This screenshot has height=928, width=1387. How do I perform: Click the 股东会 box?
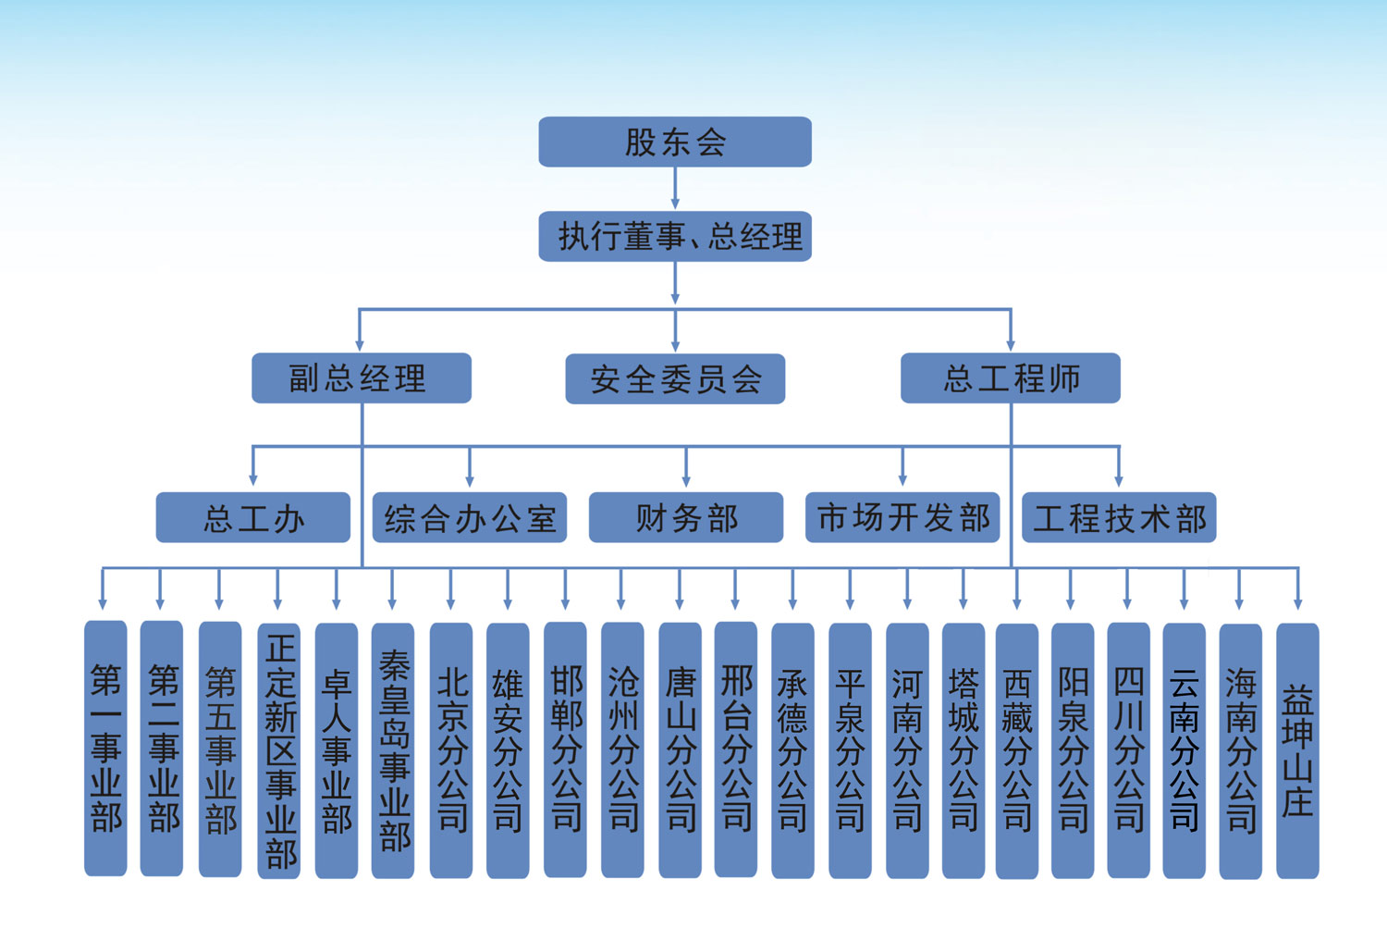coord(675,142)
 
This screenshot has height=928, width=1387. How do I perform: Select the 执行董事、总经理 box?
coord(675,237)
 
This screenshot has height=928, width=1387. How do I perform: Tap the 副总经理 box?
coord(361,377)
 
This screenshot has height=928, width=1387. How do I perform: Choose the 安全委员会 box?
coord(675,378)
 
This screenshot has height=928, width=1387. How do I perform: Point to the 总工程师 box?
coord(1010,377)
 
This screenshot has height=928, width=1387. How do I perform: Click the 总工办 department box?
coord(252,517)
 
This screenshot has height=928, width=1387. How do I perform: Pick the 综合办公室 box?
coord(469,517)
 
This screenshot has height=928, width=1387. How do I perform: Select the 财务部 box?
coord(685,517)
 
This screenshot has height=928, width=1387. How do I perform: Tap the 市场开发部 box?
coord(902,517)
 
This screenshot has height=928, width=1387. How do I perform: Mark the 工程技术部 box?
coord(1119,517)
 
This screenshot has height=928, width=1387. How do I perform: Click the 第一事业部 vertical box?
coord(105,748)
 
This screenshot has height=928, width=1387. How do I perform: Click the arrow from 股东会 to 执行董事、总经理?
coord(675,189)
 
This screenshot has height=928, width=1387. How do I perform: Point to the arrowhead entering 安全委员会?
coord(675,345)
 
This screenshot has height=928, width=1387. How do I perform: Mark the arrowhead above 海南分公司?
coord(1239,602)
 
